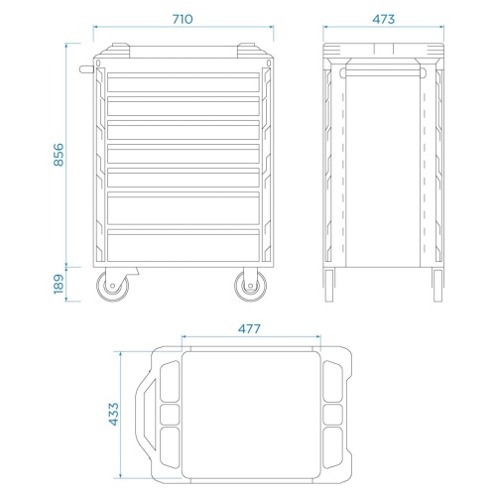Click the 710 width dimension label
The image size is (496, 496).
[183, 19]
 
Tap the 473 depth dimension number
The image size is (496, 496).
[384, 19]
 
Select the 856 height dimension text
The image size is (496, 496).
[59, 155]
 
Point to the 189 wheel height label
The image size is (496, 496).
[59, 284]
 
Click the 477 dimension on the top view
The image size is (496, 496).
[249, 328]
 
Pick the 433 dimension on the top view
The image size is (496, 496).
[113, 414]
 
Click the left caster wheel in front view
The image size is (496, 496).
[113, 286]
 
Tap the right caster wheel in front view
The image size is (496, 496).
[251, 286]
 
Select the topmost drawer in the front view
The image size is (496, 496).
[184, 82]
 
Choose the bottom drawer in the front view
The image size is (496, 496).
[184, 245]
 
